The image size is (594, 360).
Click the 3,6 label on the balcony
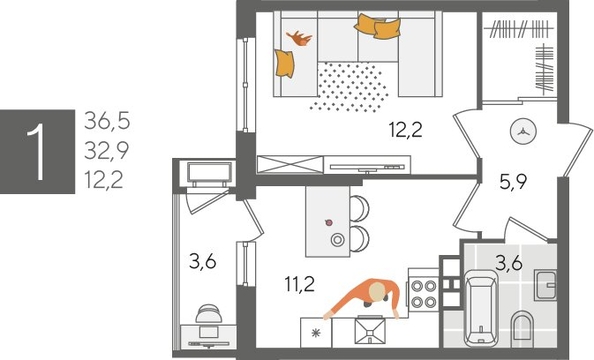tap(203, 264)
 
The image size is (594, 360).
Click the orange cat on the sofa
tap(299, 39)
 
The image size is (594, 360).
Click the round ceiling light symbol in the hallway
tap(524, 129)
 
